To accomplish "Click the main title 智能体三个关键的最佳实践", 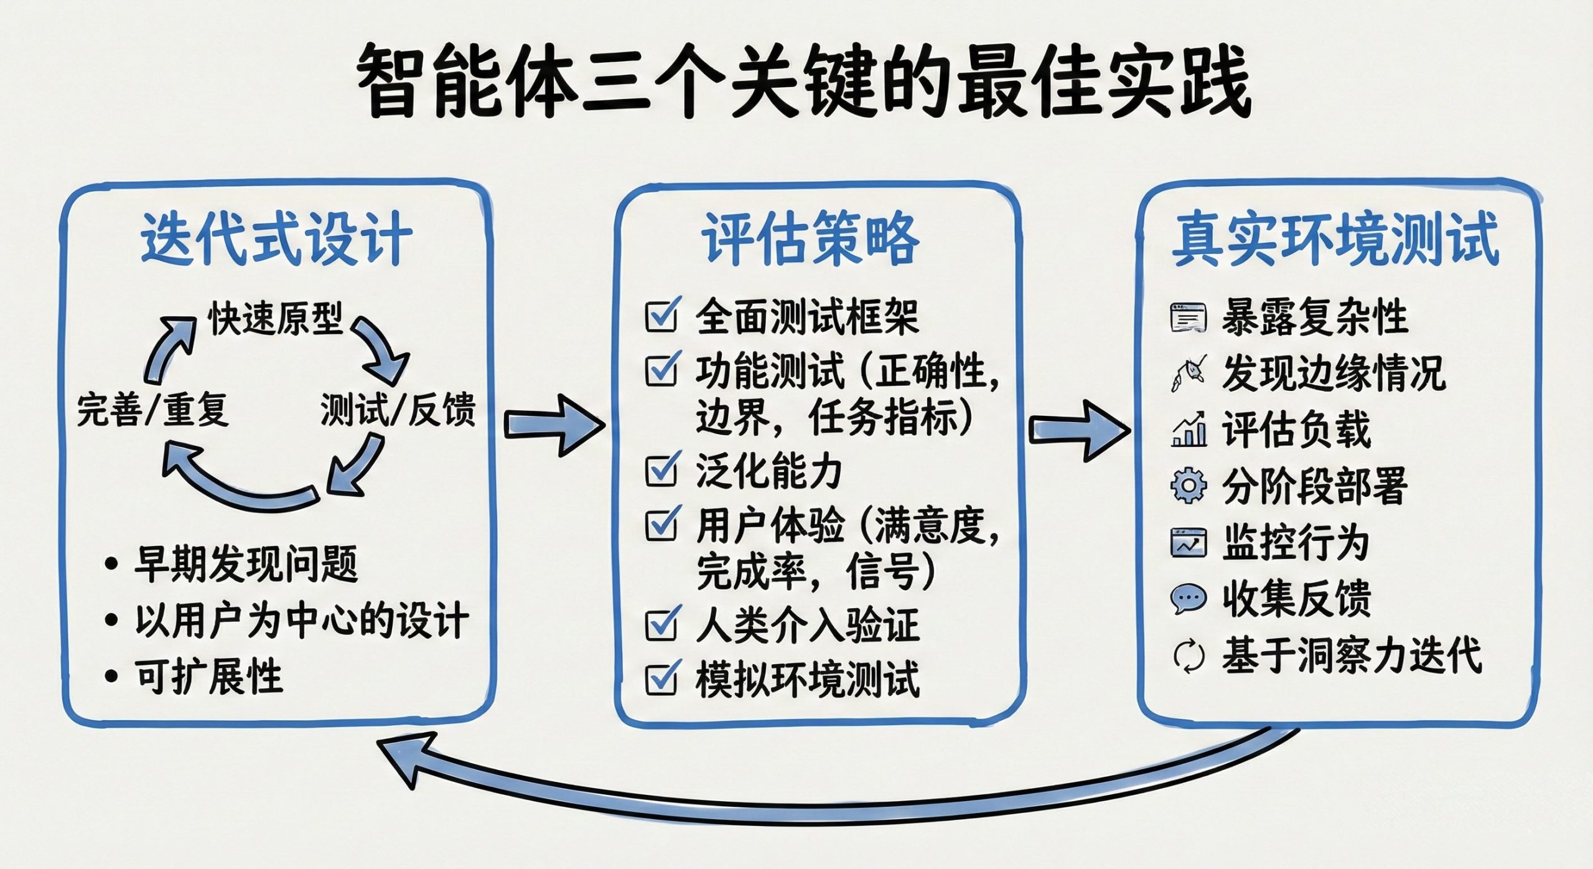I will click(803, 81).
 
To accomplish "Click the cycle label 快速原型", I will click(275, 319).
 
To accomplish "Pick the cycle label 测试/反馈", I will click(398, 410).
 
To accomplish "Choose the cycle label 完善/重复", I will click(152, 410).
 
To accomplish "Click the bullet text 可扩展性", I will click(209, 675).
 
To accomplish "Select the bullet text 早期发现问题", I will click(246, 564).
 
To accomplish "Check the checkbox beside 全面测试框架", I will click(661, 316).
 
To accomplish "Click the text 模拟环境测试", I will click(807, 679).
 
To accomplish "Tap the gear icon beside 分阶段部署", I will click(1188, 486).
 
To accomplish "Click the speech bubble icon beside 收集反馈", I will click(1188, 599).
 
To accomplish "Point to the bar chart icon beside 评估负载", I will click(1188, 430).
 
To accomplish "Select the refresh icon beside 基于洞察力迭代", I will click(1188, 656).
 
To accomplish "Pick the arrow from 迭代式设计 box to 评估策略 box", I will click(553, 426).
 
